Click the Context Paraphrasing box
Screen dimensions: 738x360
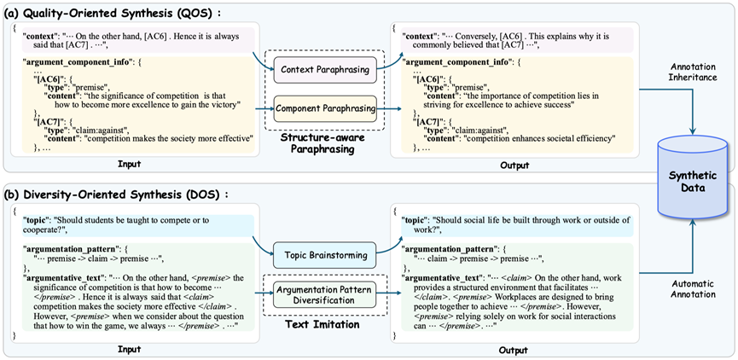tap(325, 69)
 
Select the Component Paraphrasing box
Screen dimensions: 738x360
tap(325, 108)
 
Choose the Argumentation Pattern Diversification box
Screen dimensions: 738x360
tap(325, 294)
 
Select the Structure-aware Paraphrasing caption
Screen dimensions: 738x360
tap(324, 143)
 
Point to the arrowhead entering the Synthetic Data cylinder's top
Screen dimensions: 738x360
tap(694, 131)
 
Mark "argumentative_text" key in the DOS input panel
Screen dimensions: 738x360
tap(57, 277)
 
